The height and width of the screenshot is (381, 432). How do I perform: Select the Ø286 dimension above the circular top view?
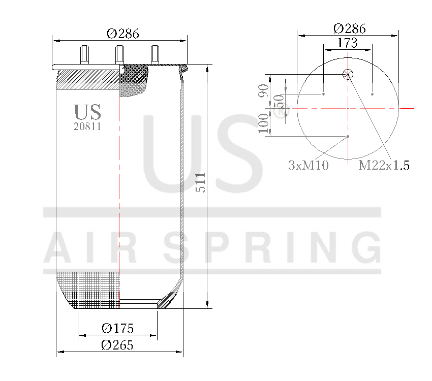click(x=349, y=28)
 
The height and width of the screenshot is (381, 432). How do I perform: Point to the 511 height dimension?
click(x=201, y=182)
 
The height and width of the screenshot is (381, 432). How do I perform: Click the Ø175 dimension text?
click(x=117, y=328)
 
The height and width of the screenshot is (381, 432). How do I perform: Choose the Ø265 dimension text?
click(x=117, y=345)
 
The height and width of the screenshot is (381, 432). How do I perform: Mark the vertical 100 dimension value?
click(x=263, y=123)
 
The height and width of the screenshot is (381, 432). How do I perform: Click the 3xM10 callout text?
click(x=308, y=165)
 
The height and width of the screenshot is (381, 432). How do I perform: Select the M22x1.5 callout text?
click(x=384, y=165)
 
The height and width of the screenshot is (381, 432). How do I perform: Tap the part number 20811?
click(x=87, y=127)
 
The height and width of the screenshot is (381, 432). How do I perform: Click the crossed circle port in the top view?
click(x=348, y=75)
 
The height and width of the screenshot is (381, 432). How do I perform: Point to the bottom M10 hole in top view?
click(x=348, y=136)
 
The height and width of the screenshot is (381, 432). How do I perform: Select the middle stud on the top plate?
click(x=120, y=54)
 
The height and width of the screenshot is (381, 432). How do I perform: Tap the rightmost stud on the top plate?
click(x=155, y=54)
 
